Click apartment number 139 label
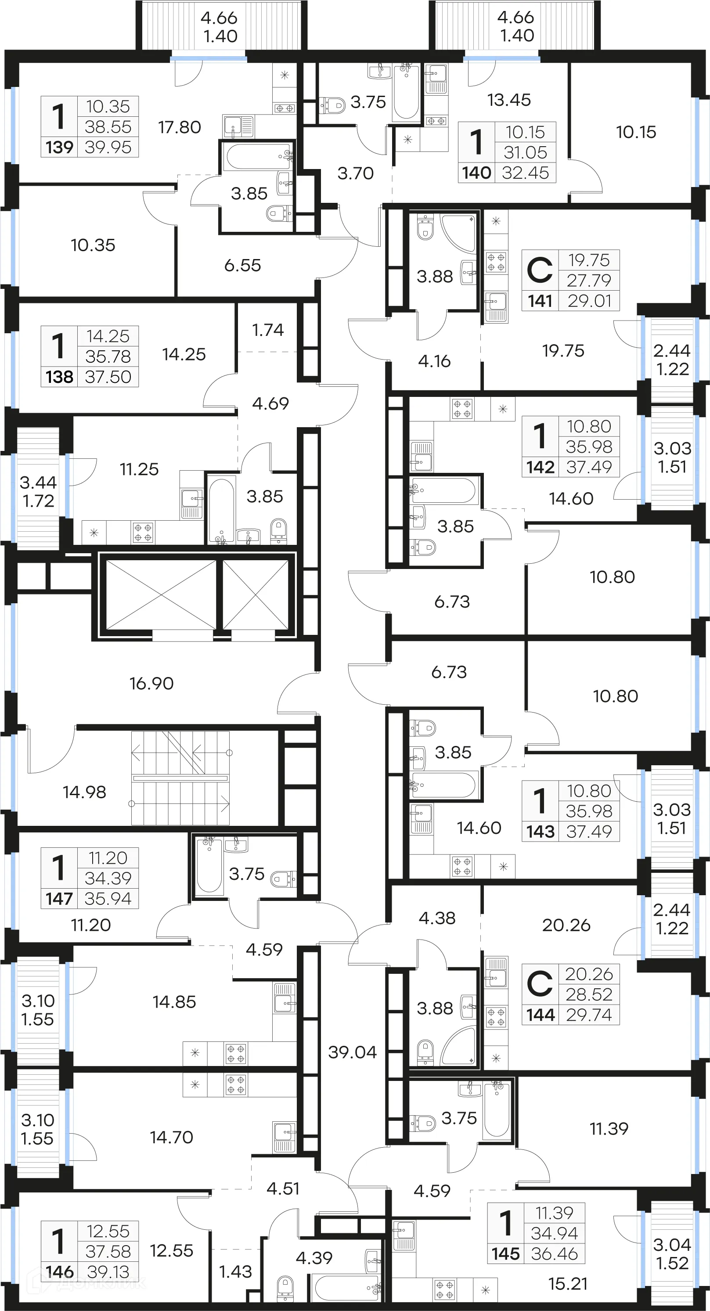tap(60, 148)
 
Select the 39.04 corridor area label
tap(352, 1052)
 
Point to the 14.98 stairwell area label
tap(84, 792)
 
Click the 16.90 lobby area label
tap(151, 683)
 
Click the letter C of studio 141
tap(540, 270)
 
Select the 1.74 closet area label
tap(268, 330)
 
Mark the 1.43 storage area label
tap(235, 1272)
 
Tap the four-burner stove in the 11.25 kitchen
tap(143, 532)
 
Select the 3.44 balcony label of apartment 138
tap(38, 482)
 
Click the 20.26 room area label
tap(566, 925)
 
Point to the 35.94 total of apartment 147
tap(108, 898)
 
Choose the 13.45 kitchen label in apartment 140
tap(509, 100)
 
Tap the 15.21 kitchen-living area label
tap(567, 1284)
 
